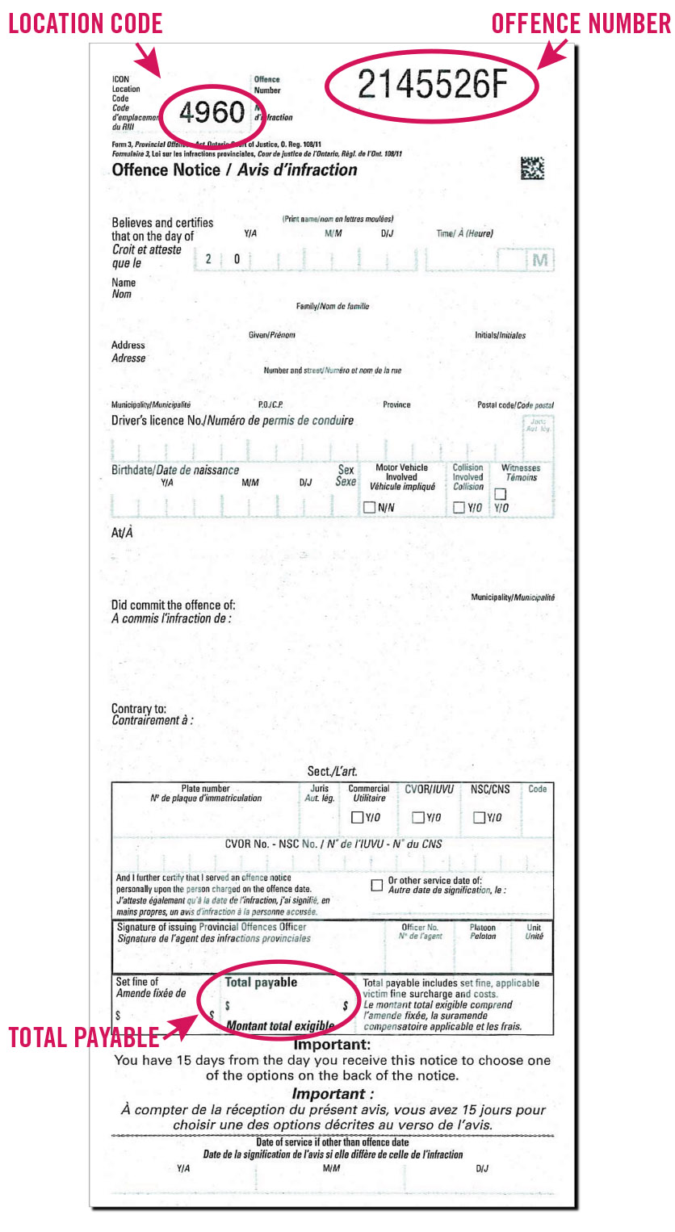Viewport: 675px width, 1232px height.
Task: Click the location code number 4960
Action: coord(211,112)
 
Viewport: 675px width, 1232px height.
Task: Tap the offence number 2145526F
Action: coord(432,83)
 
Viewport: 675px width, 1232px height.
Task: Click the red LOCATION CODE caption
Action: coord(86,23)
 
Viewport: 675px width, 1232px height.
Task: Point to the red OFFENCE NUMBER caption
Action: coord(581,23)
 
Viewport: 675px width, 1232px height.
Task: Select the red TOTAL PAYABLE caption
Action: coord(83,1037)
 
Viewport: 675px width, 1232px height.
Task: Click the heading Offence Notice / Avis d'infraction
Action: coord(234,170)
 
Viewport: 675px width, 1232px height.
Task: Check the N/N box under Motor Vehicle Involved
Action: coord(369,508)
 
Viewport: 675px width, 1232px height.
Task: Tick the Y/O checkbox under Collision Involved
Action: coord(459,508)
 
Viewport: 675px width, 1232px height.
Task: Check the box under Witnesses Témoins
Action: coord(500,493)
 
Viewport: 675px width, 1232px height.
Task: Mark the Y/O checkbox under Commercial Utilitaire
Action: coord(357,817)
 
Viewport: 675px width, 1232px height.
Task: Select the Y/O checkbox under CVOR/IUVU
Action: coord(417,817)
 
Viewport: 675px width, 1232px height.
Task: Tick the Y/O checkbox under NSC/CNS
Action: coord(479,817)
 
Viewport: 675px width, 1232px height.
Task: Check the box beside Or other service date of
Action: coord(376,885)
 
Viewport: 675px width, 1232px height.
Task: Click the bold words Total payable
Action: coord(261,983)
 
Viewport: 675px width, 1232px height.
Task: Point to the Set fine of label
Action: coord(137,982)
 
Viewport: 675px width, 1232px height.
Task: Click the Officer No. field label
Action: coord(420,927)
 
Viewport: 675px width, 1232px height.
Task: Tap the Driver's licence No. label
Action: coord(157,421)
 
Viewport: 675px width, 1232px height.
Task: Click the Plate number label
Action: coord(205,788)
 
